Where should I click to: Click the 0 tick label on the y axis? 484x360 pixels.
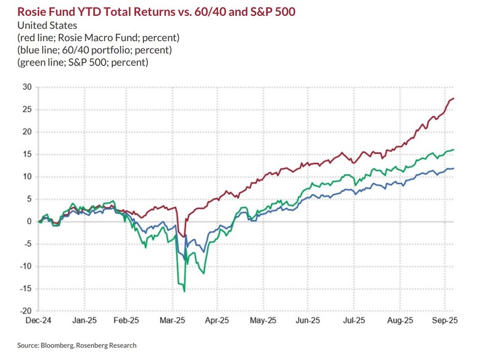pos(28,222)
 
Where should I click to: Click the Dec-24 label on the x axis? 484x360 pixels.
pos(39,320)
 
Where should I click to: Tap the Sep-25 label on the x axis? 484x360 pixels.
pos(445,320)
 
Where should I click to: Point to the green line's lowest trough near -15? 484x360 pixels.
pos(184,291)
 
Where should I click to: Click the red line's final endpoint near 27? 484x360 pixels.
pos(453,99)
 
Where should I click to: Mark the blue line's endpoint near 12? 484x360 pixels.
pos(453,168)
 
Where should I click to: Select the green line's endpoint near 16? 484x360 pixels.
pos(453,149)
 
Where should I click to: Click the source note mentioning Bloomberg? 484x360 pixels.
pos(77,345)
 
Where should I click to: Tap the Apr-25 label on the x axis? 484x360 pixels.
pos(217,320)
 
